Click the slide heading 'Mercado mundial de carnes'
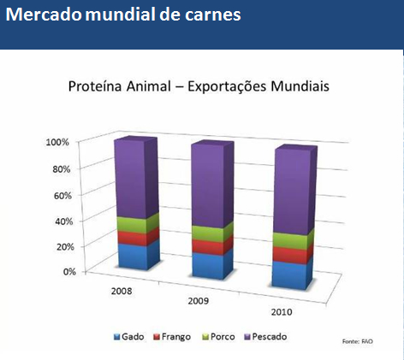123,15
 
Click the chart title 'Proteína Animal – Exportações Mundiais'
199,86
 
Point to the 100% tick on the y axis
57,142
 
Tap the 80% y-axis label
62,169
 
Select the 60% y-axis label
62,196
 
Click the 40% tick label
64,221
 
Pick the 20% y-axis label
65,246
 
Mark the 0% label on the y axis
69,272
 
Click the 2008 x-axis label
122,291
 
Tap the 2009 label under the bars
199,301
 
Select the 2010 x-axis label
282,312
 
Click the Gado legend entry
128,337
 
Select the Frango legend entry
172,337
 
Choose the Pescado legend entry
266,337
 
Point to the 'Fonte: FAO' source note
358,341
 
